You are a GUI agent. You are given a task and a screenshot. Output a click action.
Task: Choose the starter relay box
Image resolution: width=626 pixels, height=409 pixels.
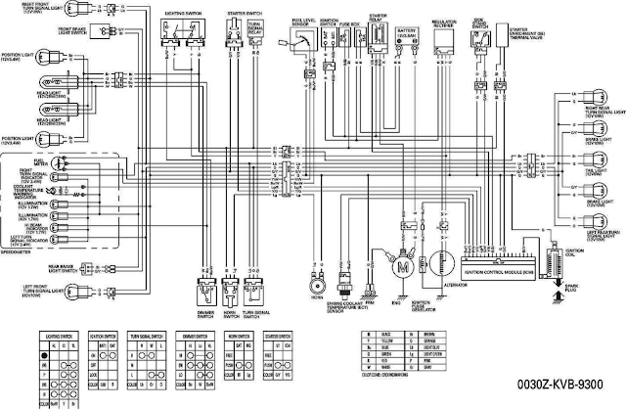pos(376,44)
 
